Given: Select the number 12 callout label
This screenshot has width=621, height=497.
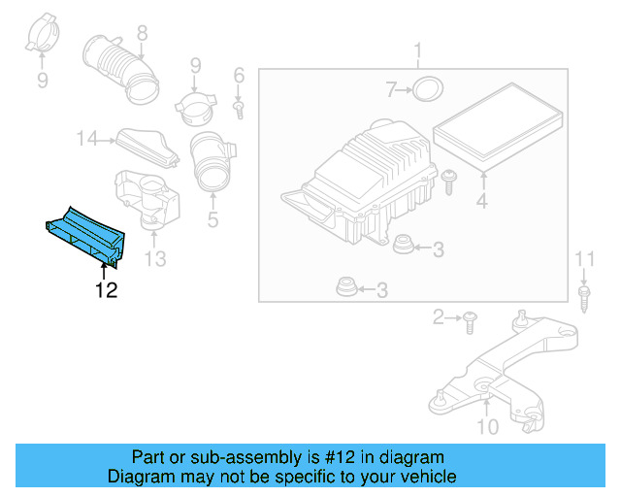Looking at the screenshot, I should (x=106, y=289).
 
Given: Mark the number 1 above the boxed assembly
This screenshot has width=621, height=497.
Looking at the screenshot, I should (x=418, y=50).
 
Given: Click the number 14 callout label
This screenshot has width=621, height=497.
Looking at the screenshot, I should (x=87, y=140).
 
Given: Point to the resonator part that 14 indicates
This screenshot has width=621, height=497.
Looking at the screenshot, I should (x=147, y=146).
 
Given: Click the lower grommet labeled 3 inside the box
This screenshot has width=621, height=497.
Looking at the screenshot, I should (x=343, y=287).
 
